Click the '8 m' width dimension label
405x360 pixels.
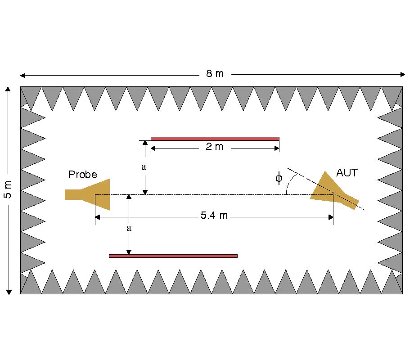[x=215, y=74]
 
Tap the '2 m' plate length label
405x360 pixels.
[x=215, y=147]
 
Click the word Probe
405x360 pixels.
[x=82, y=175]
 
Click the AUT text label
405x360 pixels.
[x=346, y=173]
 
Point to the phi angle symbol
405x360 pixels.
[x=279, y=178]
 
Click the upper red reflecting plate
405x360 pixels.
[x=215, y=139]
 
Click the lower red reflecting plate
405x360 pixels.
[x=173, y=256]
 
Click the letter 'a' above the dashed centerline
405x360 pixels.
[x=144, y=167]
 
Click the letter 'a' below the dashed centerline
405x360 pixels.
[x=129, y=228]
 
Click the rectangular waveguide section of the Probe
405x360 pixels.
[x=73, y=194]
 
